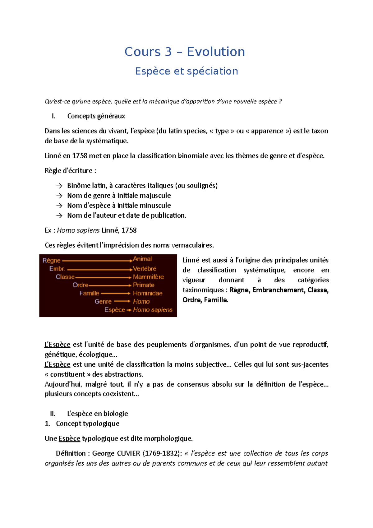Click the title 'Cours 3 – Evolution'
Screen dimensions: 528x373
(x=185, y=52)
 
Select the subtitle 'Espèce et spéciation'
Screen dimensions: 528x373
(x=186, y=71)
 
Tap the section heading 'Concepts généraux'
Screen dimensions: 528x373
(x=96, y=116)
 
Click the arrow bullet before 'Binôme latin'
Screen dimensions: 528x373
(x=59, y=186)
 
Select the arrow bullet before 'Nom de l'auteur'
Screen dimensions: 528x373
(x=59, y=215)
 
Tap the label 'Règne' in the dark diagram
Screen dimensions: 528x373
(x=51, y=261)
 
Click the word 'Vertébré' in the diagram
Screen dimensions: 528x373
(x=145, y=269)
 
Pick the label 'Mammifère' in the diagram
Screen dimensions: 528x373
(x=148, y=277)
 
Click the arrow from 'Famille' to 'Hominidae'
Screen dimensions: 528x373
(x=115, y=293)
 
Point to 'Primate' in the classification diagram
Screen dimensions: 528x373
(x=144, y=285)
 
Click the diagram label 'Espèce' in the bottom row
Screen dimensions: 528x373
(x=115, y=310)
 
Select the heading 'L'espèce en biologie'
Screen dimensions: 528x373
(x=98, y=414)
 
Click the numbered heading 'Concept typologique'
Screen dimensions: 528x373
(x=88, y=424)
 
